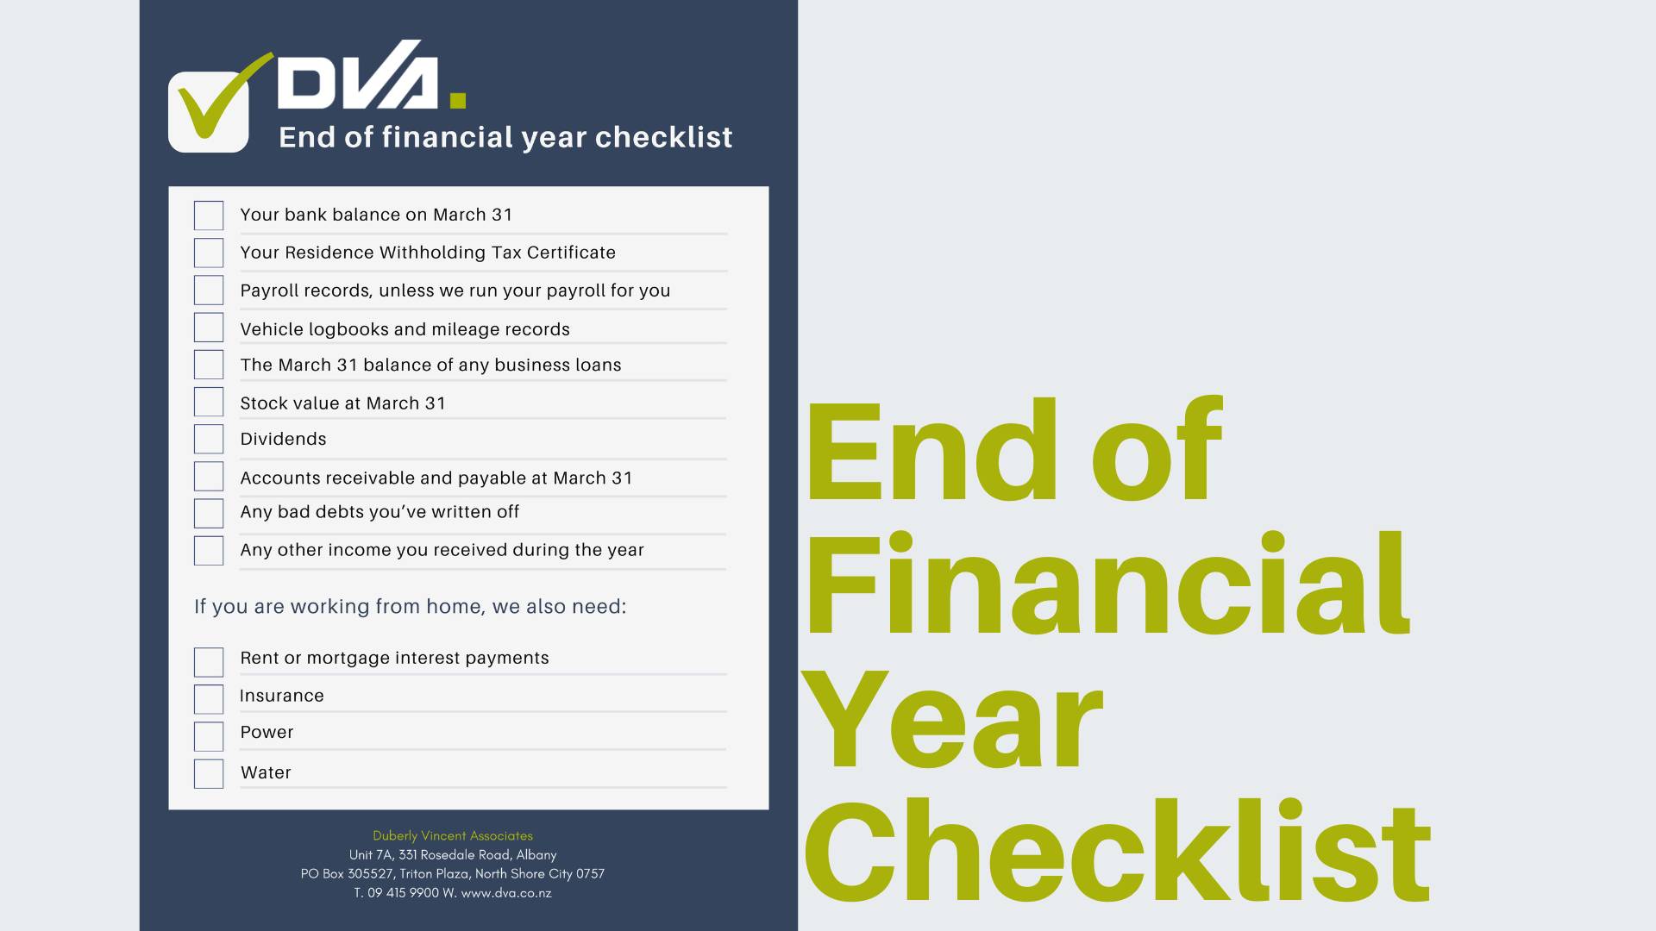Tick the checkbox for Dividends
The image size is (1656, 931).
209,439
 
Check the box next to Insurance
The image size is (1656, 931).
209,699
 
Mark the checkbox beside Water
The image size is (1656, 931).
209,773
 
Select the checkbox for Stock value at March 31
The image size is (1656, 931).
209,402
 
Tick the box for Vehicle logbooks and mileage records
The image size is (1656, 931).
209,328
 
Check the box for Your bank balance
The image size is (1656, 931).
209,216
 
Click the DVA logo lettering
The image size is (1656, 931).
372,75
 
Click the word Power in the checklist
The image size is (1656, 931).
267,732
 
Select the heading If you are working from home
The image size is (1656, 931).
411,606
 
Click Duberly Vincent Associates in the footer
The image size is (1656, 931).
453,835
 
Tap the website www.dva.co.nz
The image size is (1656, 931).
506,893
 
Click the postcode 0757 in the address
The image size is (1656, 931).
591,873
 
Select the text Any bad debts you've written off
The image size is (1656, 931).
379,512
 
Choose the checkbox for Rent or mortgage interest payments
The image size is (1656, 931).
209,662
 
